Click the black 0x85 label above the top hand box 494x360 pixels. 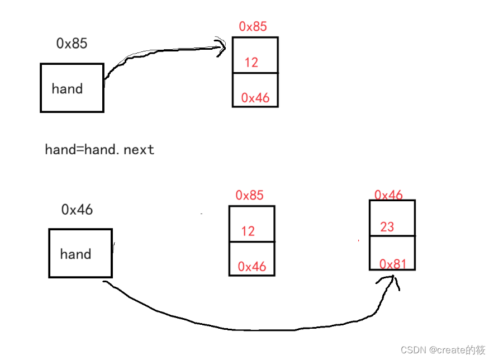72,43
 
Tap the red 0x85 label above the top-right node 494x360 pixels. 253,26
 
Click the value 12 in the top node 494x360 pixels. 251,62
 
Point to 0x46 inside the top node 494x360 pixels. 255,98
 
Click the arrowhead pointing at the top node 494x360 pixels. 220,46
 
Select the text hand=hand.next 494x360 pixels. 99,149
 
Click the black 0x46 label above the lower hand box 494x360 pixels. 77,210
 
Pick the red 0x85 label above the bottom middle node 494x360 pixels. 249,195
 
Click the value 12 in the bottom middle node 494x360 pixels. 248,231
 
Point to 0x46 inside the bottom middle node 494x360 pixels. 252,267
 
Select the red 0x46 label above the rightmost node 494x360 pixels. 388,195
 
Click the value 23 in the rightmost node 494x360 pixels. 387,226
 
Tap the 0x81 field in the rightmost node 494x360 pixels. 393,263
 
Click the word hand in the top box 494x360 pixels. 67,88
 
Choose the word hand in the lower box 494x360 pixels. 75,254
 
